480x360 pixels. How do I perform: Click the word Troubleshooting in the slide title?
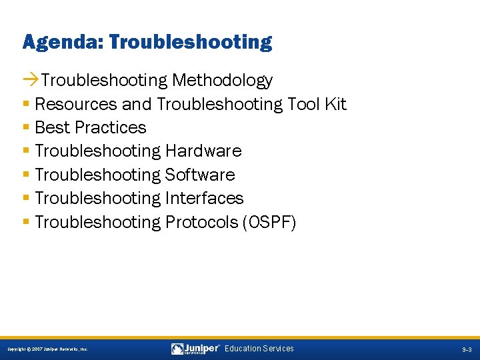191,43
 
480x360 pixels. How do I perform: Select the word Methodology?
222,81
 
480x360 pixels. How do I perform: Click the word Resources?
77,104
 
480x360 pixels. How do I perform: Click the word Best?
51,127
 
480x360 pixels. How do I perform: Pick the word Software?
200,175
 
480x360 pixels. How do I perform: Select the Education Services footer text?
259,349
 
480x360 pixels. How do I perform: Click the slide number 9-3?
467,349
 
